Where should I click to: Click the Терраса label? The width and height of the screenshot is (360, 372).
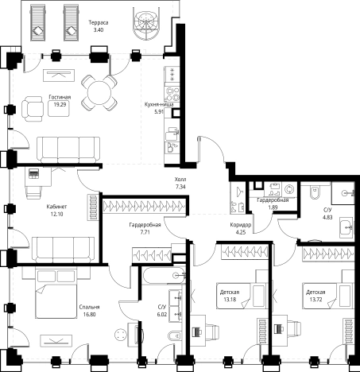(x=99, y=23)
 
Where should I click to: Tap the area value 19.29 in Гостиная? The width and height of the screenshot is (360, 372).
(x=60, y=104)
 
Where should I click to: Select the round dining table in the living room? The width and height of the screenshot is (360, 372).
(x=99, y=93)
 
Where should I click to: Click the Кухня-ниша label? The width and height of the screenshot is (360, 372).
(x=159, y=104)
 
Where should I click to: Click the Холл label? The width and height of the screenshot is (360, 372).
(x=180, y=180)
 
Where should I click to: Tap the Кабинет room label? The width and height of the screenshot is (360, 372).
(x=56, y=207)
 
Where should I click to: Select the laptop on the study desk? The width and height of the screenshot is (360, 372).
(x=33, y=173)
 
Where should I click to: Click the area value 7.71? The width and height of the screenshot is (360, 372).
(x=145, y=232)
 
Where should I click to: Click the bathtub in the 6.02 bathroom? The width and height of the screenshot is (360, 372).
(x=164, y=276)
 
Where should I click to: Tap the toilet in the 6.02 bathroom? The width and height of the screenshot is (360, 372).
(x=176, y=336)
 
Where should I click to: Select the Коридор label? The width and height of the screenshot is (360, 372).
(x=241, y=225)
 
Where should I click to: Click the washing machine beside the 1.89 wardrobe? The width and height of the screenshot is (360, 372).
(x=290, y=189)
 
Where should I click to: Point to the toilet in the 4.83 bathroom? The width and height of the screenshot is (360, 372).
(x=315, y=192)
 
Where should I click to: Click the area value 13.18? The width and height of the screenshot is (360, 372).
(x=230, y=300)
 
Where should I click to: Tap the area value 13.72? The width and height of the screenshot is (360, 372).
(x=315, y=300)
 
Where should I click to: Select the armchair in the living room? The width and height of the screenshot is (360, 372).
(x=33, y=108)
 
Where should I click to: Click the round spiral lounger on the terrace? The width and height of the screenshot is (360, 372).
(x=145, y=23)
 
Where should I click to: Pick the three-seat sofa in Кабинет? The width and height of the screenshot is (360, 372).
(x=63, y=250)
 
